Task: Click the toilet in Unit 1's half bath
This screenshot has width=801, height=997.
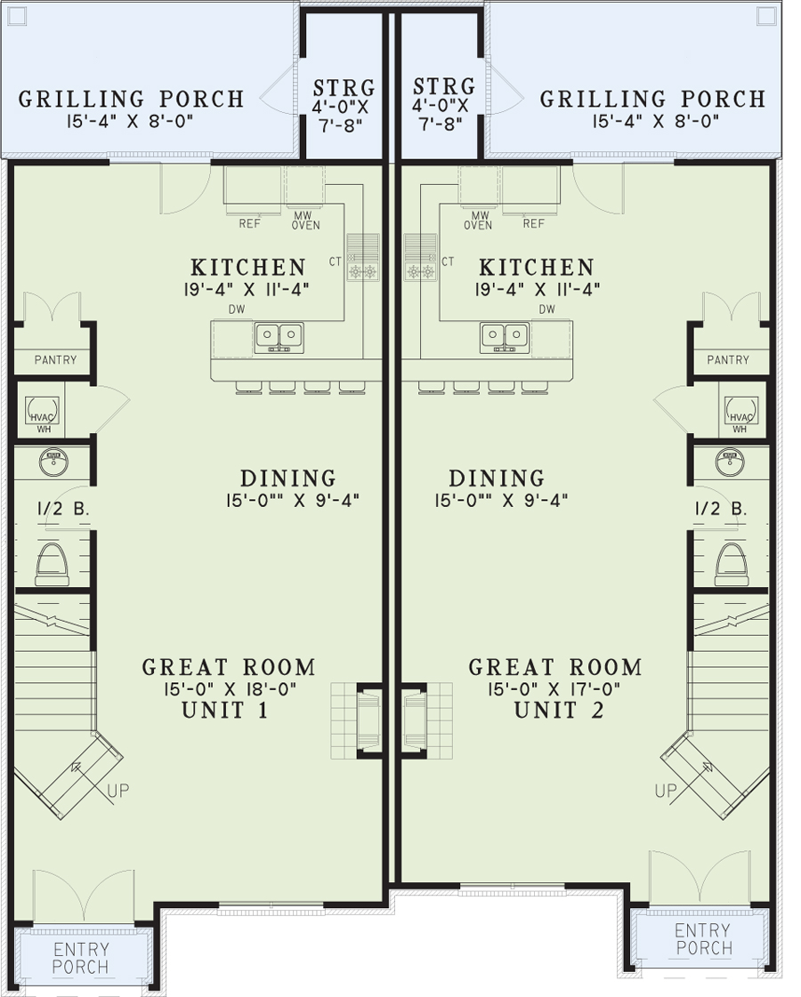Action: tap(53, 564)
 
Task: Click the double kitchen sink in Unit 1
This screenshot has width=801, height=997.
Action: tap(279, 337)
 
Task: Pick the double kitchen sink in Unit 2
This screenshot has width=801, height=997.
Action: tap(505, 337)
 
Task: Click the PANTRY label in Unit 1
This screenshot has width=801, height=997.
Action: tap(55, 360)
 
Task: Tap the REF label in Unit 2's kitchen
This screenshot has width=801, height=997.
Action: tap(533, 224)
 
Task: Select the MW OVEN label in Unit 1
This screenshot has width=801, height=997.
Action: tap(305, 221)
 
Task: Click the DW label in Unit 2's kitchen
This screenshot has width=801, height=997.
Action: tap(546, 309)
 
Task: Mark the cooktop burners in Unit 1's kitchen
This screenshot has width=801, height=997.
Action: tap(362, 272)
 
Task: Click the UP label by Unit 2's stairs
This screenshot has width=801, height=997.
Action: tap(666, 791)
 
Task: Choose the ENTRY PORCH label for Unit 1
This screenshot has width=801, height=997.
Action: tap(81, 958)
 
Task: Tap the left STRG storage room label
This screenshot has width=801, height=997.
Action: tap(344, 87)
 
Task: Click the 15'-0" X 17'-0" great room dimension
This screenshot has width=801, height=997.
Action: tap(554, 688)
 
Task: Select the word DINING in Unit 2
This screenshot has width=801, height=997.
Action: tap(497, 478)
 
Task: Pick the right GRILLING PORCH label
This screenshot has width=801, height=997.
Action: tap(652, 100)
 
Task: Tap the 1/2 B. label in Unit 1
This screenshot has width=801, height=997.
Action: tap(61, 509)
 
